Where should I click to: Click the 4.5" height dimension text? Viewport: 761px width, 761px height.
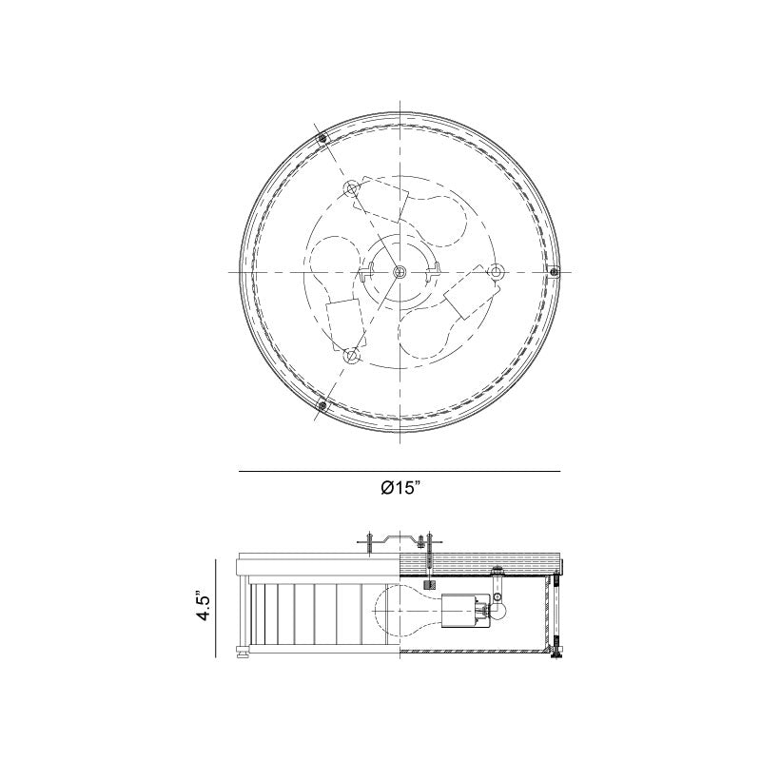click(x=202, y=606)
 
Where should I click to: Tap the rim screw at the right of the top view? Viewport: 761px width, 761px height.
click(x=556, y=272)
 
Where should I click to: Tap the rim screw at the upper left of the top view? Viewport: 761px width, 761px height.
click(x=323, y=139)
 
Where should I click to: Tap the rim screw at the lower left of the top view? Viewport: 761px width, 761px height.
click(x=322, y=406)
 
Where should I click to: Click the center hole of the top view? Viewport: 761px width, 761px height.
click(x=400, y=272)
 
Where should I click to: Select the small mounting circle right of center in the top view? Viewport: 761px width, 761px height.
click(x=495, y=272)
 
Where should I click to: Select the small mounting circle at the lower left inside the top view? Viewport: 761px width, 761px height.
click(x=353, y=355)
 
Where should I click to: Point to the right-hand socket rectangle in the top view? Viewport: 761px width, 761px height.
click(x=465, y=297)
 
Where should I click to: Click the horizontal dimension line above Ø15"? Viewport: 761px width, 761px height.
click(x=400, y=472)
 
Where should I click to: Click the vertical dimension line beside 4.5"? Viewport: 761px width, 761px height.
click(x=232, y=608)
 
